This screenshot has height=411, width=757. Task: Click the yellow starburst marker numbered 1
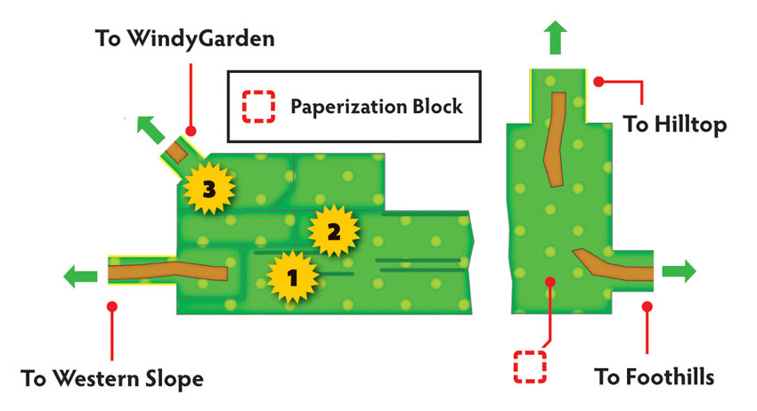[293, 278]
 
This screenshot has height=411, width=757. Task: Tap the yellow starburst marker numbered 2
[334, 231]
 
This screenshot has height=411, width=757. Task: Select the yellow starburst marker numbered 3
[208, 189]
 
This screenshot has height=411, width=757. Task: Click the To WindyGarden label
[185, 38]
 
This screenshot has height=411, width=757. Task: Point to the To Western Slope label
[112, 378]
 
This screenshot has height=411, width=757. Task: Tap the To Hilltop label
[674, 124]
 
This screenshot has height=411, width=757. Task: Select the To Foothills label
[654, 376]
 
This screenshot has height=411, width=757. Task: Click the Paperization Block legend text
[377, 106]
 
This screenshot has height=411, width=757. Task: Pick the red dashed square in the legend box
[259, 106]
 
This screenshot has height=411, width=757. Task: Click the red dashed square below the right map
[530, 367]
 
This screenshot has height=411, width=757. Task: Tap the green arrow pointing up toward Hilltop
[555, 37]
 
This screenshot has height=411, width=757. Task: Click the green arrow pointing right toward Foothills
[680, 270]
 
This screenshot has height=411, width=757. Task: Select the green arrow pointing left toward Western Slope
[81, 277]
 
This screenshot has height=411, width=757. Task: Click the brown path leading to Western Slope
[167, 270]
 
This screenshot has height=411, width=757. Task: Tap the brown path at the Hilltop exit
[554, 139]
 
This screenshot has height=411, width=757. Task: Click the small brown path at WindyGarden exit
[175, 152]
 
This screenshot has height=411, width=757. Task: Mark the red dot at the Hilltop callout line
[598, 82]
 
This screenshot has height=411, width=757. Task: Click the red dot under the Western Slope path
[112, 306]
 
